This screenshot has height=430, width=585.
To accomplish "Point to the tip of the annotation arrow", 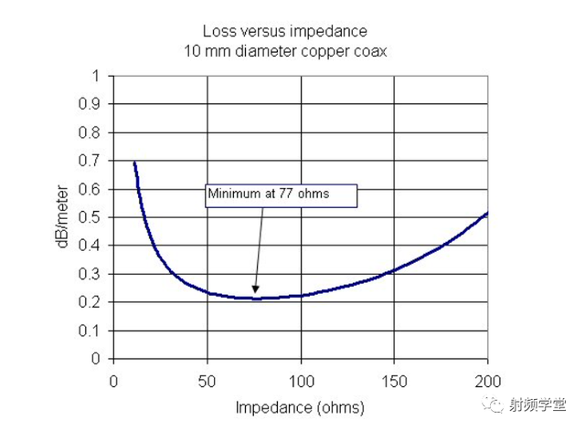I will [255, 295].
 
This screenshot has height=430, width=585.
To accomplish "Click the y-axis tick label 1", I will [96, 76].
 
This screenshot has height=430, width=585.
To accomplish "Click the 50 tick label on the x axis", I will [207, 379].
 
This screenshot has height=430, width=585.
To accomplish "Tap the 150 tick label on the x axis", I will [394, 379].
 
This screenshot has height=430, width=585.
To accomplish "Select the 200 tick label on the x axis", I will [487, 379].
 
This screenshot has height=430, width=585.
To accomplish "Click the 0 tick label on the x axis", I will [114, 379].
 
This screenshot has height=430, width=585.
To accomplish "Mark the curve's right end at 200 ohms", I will [486, 214].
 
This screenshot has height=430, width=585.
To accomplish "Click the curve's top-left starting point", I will [134, 163].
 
